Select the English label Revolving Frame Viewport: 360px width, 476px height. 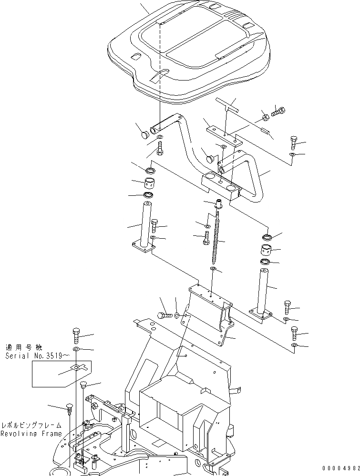[x=31, y=434]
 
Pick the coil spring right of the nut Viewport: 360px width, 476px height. [x=279, y=113]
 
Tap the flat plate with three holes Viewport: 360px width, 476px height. [x=224, y=136]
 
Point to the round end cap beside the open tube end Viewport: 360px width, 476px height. [x=143, y=135]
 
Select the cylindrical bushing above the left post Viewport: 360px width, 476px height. [x=151, y=182]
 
